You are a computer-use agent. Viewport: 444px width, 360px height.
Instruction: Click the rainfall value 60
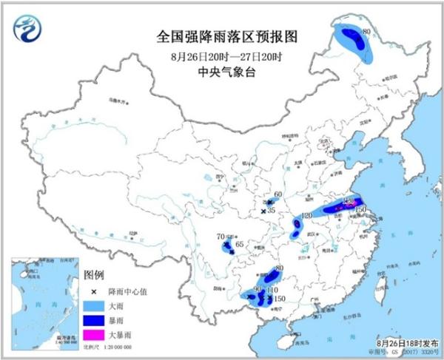pyautogui.click(x=278, y=195)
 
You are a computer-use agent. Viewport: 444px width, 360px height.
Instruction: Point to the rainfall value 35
pyautogui.click(x=272, y=211)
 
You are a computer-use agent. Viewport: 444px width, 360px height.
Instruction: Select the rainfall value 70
pyautogui.click(x=220, y=237)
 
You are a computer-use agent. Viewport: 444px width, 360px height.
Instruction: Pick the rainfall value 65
pyautogui.click(x=239, y=245)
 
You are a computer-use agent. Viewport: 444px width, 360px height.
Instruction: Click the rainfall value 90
pyautogui.click(x=258, y=288)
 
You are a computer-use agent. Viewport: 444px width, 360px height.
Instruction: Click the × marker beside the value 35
pyautogui.click(x=263, y=213)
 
